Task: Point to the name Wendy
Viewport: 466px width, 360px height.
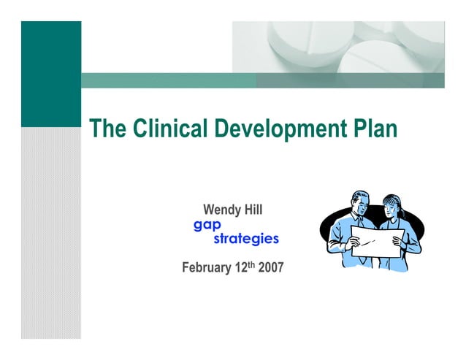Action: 221,211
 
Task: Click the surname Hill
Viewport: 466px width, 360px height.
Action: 252,211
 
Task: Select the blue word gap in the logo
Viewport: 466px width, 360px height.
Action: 207,226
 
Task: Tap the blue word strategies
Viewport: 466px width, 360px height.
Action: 245,239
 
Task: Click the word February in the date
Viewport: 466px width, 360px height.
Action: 207,268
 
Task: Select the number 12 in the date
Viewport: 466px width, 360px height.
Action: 242,268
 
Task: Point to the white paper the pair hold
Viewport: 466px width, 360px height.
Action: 377,242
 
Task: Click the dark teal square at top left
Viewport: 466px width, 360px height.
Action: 50,73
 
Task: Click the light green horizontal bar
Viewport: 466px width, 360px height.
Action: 168,80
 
